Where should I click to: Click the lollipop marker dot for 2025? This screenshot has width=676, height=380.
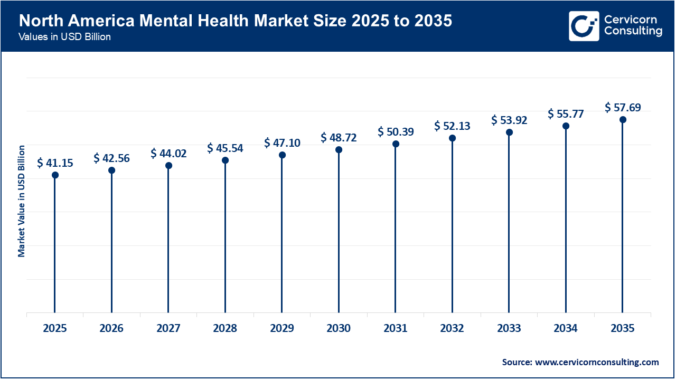pos(55,175)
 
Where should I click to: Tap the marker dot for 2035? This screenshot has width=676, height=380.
pos(623,120)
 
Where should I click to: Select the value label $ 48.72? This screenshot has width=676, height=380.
pos(339,138)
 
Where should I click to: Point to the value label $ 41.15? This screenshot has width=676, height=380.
pos(55,163)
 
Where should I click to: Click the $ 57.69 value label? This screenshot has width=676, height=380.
pos(623,108)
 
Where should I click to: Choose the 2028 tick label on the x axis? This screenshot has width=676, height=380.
pos(225,328)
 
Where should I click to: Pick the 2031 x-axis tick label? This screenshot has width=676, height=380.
pos(396,328)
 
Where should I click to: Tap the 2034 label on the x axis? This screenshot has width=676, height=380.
pos(566,328)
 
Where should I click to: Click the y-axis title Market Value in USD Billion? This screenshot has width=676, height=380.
pos(22,201)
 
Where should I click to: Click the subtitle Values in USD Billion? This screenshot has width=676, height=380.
pos(64,37)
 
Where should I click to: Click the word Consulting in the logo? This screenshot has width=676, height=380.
pos(633,32)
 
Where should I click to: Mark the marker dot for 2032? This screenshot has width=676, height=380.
pos(452,138)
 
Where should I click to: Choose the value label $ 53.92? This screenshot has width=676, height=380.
pos(509,120)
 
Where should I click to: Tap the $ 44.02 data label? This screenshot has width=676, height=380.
pos(168,153)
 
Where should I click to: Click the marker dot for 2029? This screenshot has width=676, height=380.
pos(282,155)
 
